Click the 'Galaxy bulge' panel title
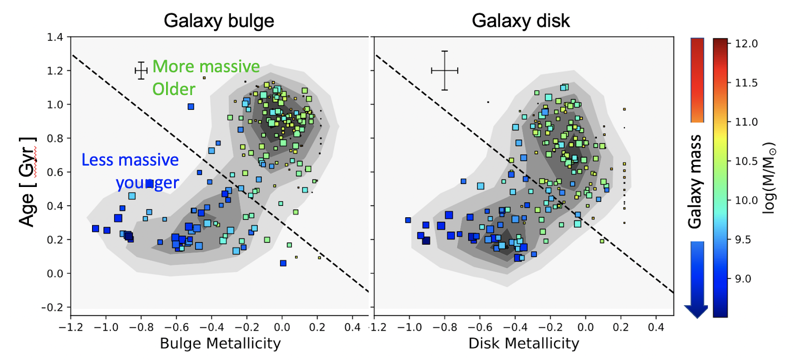219,21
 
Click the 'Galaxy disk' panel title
520,21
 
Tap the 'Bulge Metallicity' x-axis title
220,344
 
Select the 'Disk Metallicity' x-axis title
524,344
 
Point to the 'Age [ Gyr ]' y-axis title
28,181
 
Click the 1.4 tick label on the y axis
55,37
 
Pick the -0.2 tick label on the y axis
52,308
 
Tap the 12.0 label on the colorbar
746,44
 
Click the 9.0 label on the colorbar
743,279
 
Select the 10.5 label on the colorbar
746,161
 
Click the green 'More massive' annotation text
206,67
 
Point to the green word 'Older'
174,90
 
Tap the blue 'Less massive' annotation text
130,160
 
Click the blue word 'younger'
147,183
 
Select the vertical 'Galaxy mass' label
695,181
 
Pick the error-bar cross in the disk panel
444,71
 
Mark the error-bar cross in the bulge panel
141,71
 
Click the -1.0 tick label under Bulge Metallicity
106,328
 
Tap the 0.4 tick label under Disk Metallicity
656,328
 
